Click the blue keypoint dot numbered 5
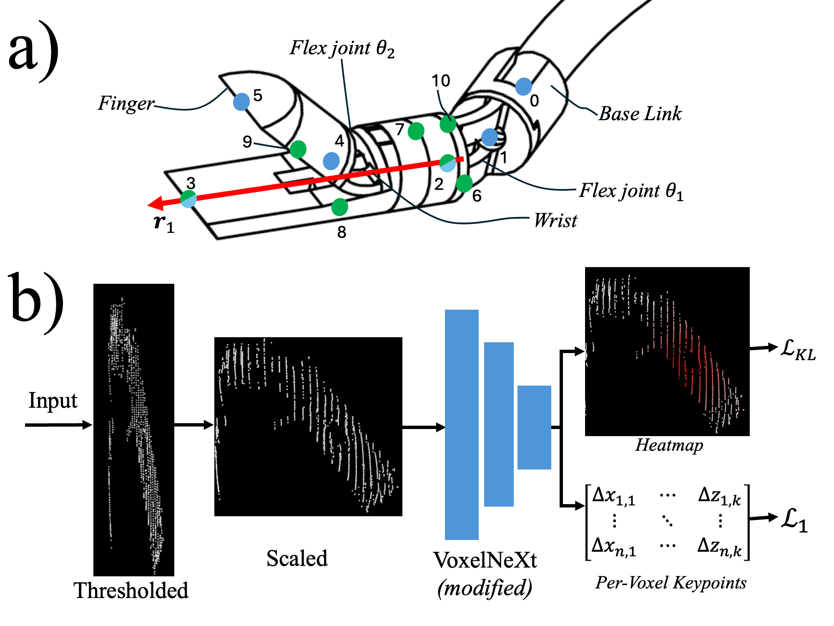(241, 101)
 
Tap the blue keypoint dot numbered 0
(523, 86)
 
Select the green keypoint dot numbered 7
(416, 131)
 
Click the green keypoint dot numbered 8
(339, 207)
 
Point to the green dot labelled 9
(298, 149)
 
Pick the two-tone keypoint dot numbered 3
(188, 199)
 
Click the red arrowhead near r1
(156, 204)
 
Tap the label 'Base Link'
(640, 114)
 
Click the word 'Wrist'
(555, 220)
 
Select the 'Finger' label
(126, 103)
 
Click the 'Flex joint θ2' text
(342, 48)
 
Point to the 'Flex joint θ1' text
(631, 191)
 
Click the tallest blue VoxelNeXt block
(461, 424)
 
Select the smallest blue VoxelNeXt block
(534, 427)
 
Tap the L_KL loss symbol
(797, 350)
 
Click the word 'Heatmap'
(669, 445)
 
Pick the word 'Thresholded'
(131, 591)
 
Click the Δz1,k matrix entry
(719, 496)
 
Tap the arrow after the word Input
(58, 425)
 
